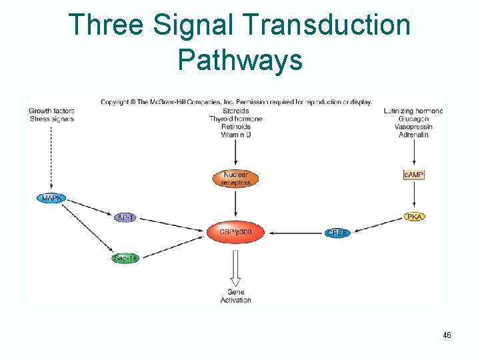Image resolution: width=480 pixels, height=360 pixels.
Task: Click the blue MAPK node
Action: click(x=51, y=198)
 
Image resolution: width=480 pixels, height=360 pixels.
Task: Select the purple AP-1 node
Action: click(x=125, y=217)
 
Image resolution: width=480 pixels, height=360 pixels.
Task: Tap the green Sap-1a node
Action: click(x=125, y=258)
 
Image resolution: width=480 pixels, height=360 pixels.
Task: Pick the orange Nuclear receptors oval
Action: click(x=236, y=179)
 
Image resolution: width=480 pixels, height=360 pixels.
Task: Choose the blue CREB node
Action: click(x=337, y=233)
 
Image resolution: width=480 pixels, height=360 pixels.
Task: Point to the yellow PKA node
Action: click(x=414, y=217)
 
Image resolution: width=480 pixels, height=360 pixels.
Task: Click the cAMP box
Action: click(x=414, y=175)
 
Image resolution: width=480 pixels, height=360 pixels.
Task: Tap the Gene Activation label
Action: click(x=236, y=296)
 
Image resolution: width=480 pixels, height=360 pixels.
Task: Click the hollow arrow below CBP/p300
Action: click(x=236, y=267)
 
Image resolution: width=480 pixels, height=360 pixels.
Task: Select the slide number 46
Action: click(x=446, y=335)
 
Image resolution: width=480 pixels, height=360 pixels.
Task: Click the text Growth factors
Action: click(x=51, y=111)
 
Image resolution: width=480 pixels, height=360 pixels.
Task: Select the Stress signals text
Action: click(x=51, y=119)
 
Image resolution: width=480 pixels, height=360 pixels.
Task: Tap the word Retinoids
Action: click(x=236, y=127)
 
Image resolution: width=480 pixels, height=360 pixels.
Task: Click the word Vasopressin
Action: click(x=413, y=127)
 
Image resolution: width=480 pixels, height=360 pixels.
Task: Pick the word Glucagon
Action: click(x=413, y=119)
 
